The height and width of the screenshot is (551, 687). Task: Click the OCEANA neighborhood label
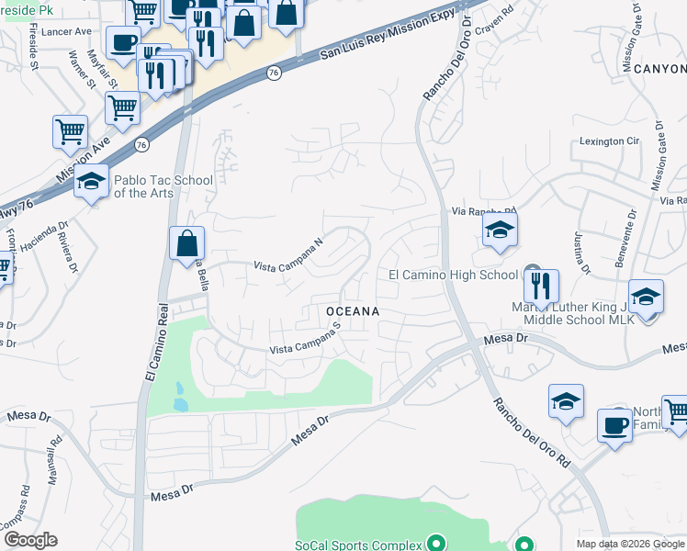click(354, 311)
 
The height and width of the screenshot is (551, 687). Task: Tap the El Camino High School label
click(453, 275)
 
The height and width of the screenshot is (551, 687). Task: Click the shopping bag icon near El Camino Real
click(186, 243)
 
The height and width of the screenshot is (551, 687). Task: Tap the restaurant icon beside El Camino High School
click(543, 286)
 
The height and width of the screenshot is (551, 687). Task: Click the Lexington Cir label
click(608, 141)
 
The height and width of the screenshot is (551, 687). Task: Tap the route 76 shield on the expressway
click(274, 73)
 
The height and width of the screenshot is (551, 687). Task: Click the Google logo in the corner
click(30, 540)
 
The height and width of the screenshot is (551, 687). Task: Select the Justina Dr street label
click(582, 253)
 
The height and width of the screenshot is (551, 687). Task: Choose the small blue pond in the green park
click(180, 404)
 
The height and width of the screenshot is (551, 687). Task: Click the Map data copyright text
click(630, 544)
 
